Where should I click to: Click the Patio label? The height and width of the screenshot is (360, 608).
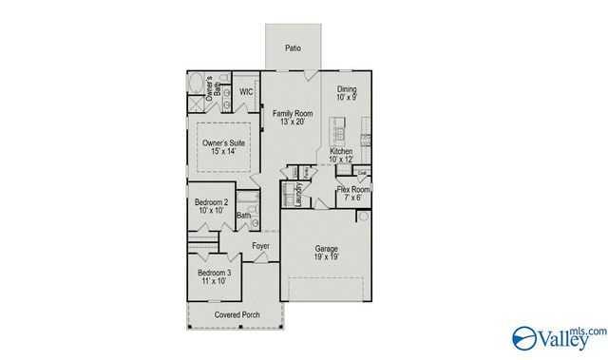(x=294, y=47)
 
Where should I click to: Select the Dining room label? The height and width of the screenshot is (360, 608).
(x=346, y=90)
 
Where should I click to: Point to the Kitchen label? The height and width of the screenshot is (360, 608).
(x=341, y=152)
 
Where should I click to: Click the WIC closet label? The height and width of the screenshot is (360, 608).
(x=245, y=92)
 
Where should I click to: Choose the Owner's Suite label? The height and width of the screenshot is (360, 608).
(x=224, y=143)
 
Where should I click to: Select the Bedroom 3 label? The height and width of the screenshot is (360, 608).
(x=214, y=273)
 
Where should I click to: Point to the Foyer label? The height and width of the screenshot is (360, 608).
(x=260, y=247)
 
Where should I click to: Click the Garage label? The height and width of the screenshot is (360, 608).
(x=327, y=248)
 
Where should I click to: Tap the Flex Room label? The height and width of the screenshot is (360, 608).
(x=353, y=190)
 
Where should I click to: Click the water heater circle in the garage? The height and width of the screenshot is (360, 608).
(x=362, y=218)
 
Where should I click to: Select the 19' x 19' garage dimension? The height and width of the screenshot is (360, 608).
(x=327, y=256)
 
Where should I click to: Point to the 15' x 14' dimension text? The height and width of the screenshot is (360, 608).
(x=224, y=153)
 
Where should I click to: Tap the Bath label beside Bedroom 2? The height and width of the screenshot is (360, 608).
(x=244, y=217)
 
